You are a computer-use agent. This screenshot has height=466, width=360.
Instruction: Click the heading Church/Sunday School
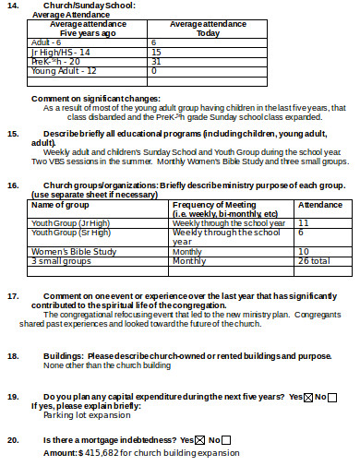[x=82, y=6]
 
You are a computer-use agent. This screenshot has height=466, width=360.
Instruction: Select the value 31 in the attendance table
[x=156, y=61]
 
